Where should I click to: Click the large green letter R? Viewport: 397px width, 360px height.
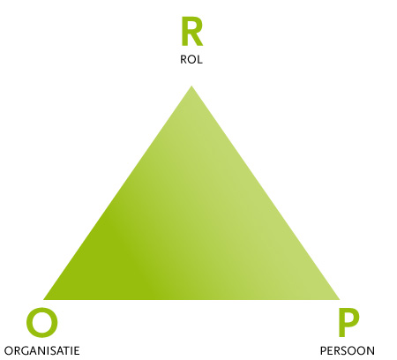[x=191, y=32]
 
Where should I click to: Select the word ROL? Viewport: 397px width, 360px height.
[x=191, y=60]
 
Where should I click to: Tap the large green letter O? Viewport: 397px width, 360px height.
[x=42, y=322]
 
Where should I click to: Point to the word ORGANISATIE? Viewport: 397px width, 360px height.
[x=41, y=351]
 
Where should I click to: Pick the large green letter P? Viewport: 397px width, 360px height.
[x=348, y=323]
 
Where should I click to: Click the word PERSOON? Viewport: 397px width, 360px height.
[x=348, y=351]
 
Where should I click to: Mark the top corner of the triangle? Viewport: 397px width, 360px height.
[x=191, y=86]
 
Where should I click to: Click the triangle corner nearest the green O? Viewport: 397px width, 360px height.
[x=44, y=300]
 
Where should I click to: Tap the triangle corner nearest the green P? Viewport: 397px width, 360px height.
[x=340, y=300]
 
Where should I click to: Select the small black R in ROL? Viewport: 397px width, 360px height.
[x=184, y=60]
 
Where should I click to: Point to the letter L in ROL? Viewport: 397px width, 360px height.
[x=199, y=60]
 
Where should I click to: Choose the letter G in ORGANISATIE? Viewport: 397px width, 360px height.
[x=25, y=351]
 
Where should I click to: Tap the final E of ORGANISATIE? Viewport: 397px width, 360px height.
[x=77, y=351]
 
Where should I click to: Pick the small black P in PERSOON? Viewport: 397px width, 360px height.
[x=323, y=351]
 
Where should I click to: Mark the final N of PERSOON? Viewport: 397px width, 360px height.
[x=371, y=351]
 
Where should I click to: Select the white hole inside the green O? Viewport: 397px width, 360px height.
[x=42, y=322]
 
